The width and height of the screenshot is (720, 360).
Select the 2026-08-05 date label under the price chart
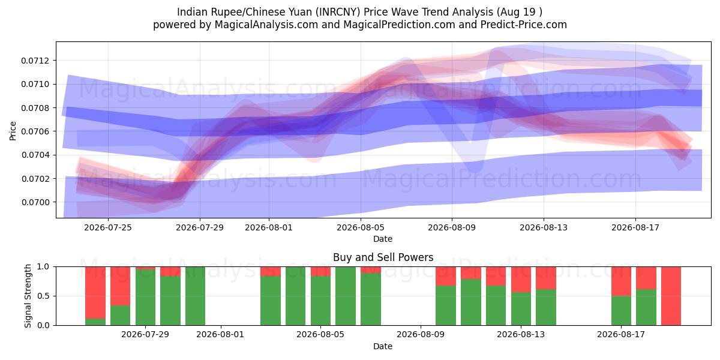361,227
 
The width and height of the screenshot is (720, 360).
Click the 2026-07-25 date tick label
108,227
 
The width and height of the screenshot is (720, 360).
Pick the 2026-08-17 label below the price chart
635,227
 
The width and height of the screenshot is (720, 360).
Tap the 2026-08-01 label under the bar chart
220,335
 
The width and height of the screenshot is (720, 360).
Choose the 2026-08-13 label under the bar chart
521,335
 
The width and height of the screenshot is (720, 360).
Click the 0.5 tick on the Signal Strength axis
43,296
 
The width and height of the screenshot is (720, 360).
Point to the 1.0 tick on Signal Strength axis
43,267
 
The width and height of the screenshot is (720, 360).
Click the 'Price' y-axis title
13,131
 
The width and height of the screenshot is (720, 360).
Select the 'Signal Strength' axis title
28,296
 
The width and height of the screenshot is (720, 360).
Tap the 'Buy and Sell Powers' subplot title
383,257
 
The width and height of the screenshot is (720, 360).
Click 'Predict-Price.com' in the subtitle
524,25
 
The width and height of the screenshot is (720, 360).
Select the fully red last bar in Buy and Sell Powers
671,296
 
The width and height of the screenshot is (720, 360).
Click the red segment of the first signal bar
95,293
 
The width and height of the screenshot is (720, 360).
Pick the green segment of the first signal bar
95,322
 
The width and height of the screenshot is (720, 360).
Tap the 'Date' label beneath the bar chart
383,347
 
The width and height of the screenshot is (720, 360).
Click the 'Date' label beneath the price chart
383,239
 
